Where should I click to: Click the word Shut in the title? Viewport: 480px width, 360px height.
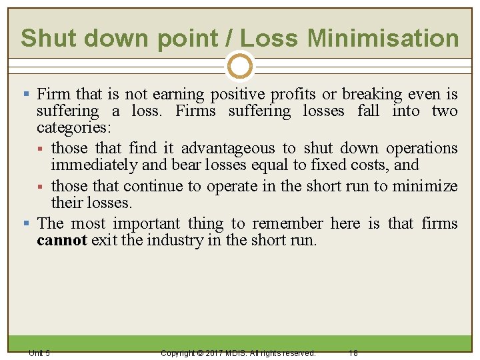point(45,39)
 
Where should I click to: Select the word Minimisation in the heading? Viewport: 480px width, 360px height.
point(383,39)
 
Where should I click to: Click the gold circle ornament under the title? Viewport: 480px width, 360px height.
point(239,67)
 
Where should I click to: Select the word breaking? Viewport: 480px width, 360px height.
point(379,95)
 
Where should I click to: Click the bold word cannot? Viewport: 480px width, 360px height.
point(61,240)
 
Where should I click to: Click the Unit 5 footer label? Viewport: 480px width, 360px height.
point(39,353)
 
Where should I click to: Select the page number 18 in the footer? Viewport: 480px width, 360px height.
point(353,353)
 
